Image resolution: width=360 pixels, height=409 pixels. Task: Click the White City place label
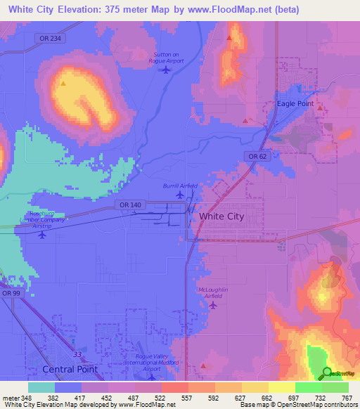point(221,216)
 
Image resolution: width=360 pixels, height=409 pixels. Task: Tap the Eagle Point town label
point(295,103)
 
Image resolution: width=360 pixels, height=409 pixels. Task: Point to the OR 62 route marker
point(256,155)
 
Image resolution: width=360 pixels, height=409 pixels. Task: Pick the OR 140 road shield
point(124,204)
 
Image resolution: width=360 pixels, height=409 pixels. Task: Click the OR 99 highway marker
point(8,294)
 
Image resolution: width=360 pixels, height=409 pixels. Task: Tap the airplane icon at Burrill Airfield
point(181,195)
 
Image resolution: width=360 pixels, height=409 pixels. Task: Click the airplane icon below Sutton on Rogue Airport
point(166,69)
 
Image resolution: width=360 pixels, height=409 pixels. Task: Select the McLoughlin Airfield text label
point(214,292)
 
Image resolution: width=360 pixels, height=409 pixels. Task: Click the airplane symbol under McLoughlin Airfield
point(217,304)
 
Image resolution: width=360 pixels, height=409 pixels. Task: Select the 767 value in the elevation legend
point(346,397)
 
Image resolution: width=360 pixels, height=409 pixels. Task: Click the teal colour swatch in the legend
point(41,387)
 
